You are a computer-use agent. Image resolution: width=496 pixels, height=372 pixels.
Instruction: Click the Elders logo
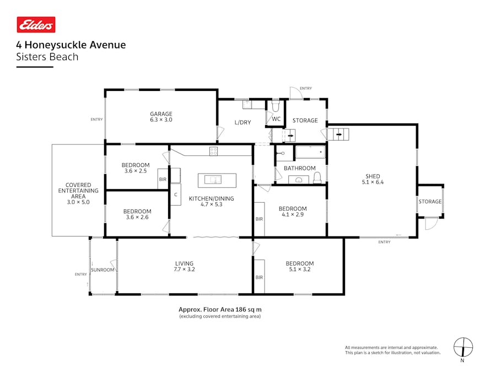coord(36,25)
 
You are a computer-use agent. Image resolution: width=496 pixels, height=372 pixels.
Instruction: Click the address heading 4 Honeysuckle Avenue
coord(71,45)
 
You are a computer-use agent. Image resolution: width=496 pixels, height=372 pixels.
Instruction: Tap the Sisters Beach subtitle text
coord(47,57)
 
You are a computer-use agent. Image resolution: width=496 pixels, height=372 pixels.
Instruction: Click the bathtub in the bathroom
coord(310,152)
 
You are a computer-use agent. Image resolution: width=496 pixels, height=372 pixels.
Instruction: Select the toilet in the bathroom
coord(317,177)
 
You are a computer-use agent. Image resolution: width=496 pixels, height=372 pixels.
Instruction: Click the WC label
coord(276,119)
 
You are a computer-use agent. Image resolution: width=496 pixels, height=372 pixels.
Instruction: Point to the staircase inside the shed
coord(338,133)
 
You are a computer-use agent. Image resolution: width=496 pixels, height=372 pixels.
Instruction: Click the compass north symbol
coord(463,347)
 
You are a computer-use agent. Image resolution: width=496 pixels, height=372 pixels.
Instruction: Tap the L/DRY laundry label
coord(242,122)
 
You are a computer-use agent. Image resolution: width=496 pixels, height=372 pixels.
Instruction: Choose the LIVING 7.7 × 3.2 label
coord(185,266)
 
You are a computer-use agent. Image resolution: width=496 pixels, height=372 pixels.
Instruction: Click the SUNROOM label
coord(103,270)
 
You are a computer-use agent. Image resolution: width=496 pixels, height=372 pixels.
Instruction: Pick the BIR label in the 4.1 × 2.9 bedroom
coord(259,219)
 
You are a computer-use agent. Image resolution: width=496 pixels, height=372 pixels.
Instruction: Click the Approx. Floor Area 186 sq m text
coord(220,310)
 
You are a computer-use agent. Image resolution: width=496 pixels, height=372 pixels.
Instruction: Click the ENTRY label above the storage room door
coord(305,88)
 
